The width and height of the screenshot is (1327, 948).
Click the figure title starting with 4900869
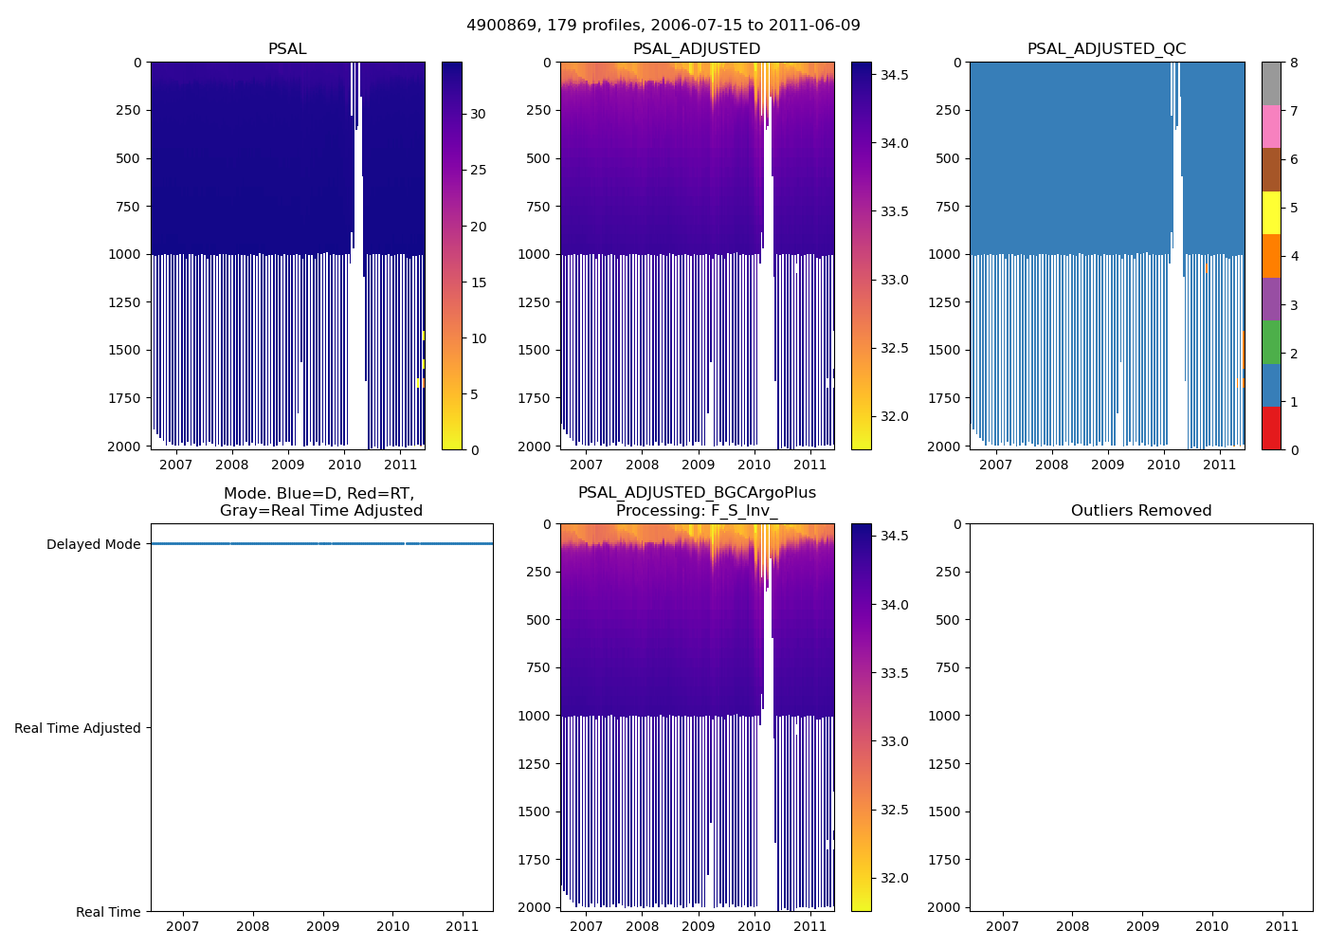(663, 26)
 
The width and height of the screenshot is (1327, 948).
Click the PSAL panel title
(287, 49)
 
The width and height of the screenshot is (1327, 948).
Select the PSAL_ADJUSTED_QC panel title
(1106, 49)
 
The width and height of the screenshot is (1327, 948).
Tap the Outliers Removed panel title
(1140, 511)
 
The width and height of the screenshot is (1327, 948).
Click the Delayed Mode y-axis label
(93, 544)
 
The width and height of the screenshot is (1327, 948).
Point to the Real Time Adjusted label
(77, 728)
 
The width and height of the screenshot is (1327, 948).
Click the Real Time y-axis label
(108, 912)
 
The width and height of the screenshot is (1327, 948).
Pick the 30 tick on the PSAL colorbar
(478, 114)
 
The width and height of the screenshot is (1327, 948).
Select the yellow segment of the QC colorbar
(1271, 213)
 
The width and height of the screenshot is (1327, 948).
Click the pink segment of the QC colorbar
(1271, 127)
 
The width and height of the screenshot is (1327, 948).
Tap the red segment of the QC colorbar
(1271, 428)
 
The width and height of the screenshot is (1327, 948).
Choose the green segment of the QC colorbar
(1271, 342)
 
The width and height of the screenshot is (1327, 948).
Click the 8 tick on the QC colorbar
(1294, 63)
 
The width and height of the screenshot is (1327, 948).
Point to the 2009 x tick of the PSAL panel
(288, 465)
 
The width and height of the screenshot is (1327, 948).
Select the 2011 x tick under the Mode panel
(463, 926)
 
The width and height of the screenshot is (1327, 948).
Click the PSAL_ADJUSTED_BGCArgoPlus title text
(697, 493)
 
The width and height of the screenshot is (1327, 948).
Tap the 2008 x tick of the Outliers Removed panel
(1072, 926)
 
